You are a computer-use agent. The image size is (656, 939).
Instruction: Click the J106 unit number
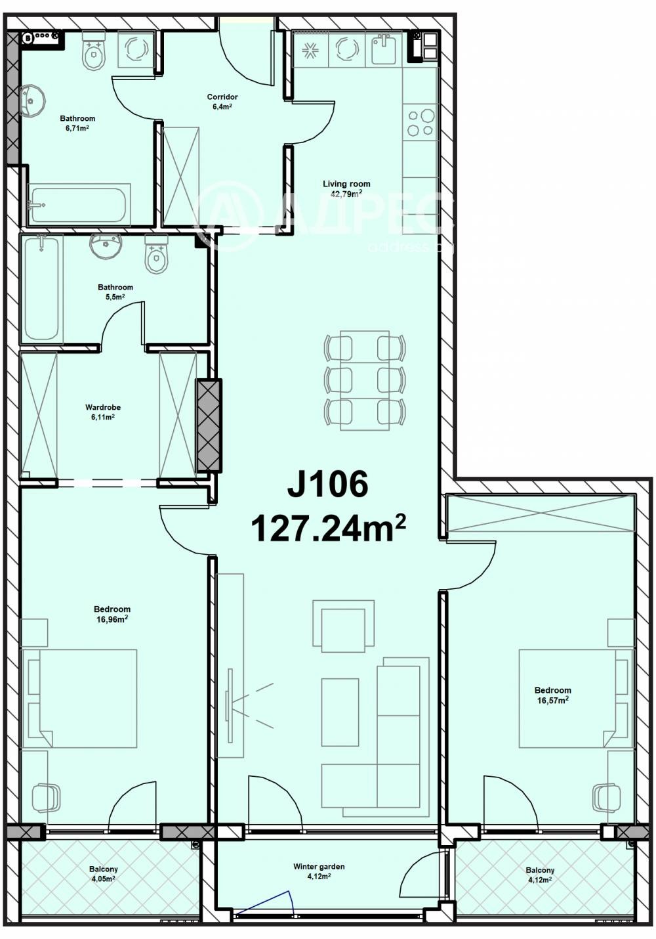(x=327, y=485)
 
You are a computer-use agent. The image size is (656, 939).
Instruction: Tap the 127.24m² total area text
(x=327, y=528)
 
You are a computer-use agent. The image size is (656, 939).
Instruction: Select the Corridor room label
(x=222, y=102)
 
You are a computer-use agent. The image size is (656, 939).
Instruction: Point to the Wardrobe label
(x=103, y=412)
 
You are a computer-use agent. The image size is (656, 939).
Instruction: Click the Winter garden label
(x=319, y=871)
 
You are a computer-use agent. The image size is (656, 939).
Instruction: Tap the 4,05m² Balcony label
(x=104, y=873)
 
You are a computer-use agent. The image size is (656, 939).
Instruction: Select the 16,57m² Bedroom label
(x=552, y=695)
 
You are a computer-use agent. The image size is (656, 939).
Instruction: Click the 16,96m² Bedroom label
(x=112, y=613)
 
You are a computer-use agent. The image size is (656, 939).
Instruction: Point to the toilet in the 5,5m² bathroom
(x=155, y=256)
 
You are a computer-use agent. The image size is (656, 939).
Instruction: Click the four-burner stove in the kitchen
(x=420, y=122)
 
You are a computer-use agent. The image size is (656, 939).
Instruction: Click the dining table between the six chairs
(x=365, y=381)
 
